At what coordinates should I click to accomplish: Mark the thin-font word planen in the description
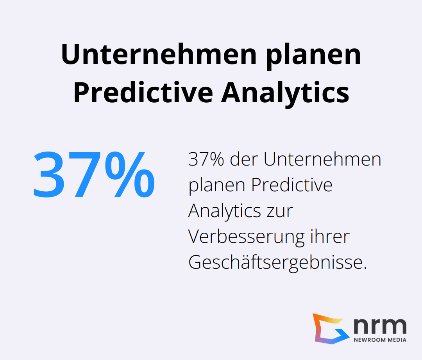click(x=217, y=185)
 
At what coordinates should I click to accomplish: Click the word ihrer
click(x=330, y=237)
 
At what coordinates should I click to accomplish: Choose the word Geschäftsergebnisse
click(x=277, y=263)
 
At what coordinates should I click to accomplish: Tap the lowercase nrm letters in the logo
click(x=380, y=325)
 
